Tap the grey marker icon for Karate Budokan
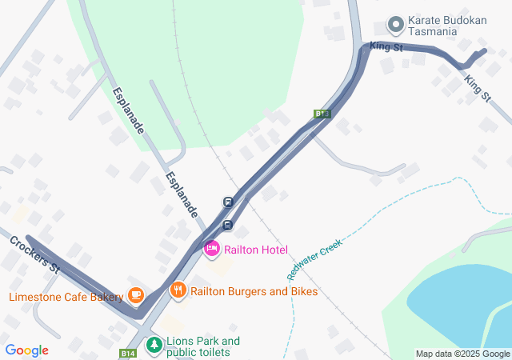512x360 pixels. tap(395, 22)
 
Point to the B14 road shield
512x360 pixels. tap(129, 353)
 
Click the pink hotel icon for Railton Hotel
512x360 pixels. tap(212, 250)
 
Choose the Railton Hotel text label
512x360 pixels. tap(256, 250)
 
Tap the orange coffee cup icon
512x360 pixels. tap(135, 296)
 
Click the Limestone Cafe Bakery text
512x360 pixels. tap(66, 297)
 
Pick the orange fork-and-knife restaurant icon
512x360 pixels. tap(178, 290)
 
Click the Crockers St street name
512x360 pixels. tap(36, 254)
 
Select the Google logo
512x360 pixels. tap(26, 350)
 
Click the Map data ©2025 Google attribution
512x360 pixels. tap(462, 354)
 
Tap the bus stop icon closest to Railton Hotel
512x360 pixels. tap(228, 225)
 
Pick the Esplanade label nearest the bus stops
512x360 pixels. tap(182, 195)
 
